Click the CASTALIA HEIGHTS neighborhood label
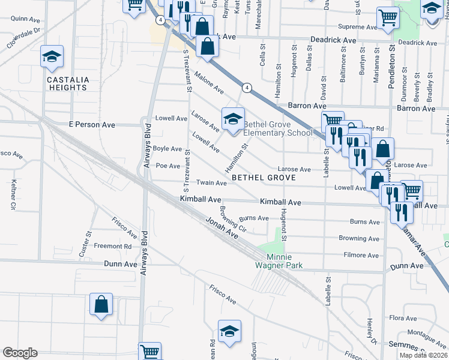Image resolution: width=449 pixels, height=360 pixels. [x=68, y=83]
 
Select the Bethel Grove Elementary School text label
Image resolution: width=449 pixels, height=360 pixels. [x=278, y=129]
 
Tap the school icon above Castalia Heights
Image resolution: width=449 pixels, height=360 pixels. [x=52, y=57]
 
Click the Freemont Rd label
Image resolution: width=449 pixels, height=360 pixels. [x=116, y=246]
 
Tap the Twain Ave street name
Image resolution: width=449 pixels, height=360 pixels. [x=211, y=182]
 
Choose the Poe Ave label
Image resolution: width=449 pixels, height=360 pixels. [x=168, y=166]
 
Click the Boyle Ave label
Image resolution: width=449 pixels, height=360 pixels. [x=167, y=148]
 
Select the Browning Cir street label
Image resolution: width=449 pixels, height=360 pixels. [x=234, y=220]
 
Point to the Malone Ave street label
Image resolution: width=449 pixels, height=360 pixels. [x=209, y=83]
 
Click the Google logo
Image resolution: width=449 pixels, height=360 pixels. [x=20, y=353]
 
